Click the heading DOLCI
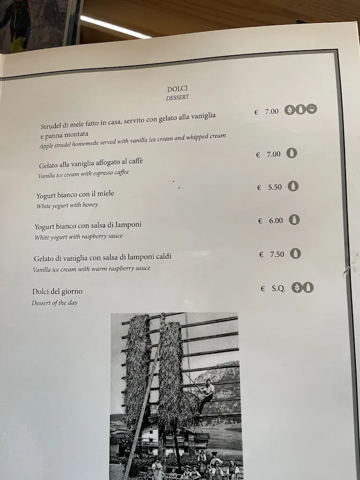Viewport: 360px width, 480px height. click(x=177, y=89)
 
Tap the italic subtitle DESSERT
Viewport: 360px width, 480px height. click(x=177, y=98)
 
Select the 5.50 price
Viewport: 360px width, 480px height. click(x=275, y=187)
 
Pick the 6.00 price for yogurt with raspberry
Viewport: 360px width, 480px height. click(x=276, y=220)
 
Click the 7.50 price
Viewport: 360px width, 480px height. click(x=277, y=254)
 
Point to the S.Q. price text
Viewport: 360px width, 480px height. click(x=278, y=288)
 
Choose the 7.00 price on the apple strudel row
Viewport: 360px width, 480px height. click(x=271, y=112)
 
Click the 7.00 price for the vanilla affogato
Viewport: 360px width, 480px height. click(x=273, y=154)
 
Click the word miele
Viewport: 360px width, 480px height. click(x=105, y=194)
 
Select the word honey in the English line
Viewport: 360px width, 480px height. click(x=90, y=205)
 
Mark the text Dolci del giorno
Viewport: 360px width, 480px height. click(x=57, y=292)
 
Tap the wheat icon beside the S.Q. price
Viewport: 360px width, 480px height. click(x=296, y=287)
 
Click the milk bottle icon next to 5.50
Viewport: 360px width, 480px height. click(x=293, y=186)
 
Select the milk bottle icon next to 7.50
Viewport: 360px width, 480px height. click(x=295, y=254)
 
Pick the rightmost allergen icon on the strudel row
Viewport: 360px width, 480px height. click(x=312, y=109)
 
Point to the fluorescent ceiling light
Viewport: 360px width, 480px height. click(x=115, y=27)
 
